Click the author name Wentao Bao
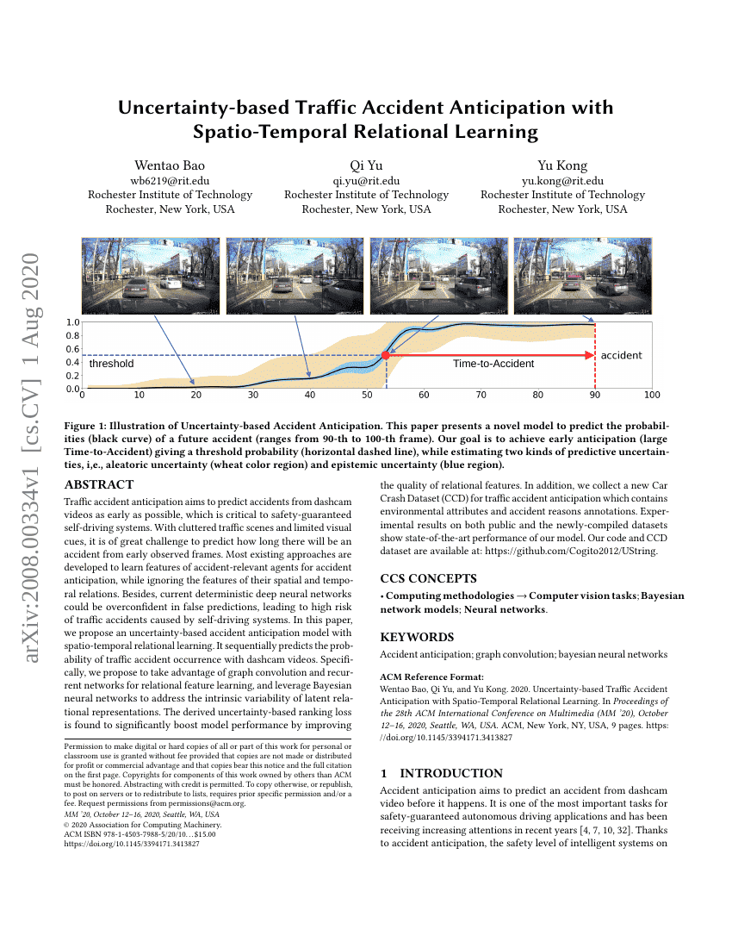170,165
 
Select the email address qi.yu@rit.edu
366,181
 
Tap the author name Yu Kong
562,165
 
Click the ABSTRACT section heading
99,485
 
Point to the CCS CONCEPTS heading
429,578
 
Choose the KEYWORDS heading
417,637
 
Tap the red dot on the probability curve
386,355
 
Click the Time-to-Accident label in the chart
493,364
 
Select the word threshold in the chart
112,364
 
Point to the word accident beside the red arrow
621,355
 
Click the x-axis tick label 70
481,396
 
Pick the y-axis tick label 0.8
73,335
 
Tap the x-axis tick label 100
651,396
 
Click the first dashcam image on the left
151,276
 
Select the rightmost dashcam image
582,276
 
